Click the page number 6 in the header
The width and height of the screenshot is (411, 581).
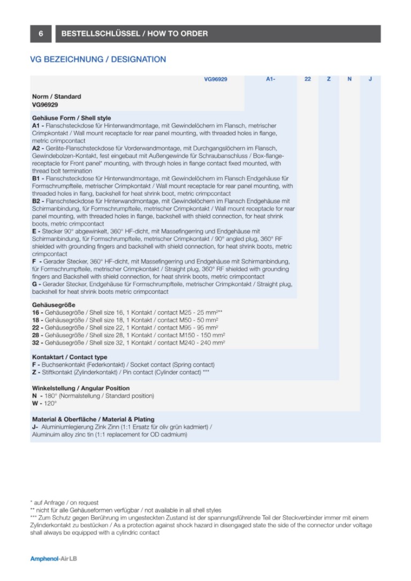[x=41, y=34]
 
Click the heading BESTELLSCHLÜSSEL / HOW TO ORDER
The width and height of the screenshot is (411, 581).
[x=134, y=34]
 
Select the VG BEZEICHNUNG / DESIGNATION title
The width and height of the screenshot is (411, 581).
[x=98, y=59]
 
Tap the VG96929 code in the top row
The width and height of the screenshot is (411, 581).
[x=216, y=79]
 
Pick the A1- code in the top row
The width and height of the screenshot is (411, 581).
[x=270, y=79]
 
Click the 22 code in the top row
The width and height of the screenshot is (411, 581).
[x=307, y=79]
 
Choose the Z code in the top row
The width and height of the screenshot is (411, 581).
[x=329, y=79]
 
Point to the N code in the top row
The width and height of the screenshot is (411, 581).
[x=349, y=79]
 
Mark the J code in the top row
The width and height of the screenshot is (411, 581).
[x=370, y=79]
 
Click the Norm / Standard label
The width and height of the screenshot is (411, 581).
[x=57, y=97]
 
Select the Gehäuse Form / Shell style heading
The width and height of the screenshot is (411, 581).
[x=71, y=118]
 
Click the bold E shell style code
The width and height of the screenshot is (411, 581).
[x=34, y=231]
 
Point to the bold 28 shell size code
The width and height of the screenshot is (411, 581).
[x=36, y=335]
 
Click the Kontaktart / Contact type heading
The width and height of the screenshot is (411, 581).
[x=70, y=357]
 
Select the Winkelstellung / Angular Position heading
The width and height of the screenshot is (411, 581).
[x=81, y=388]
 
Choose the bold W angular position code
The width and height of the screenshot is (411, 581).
[x=35, y=403]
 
